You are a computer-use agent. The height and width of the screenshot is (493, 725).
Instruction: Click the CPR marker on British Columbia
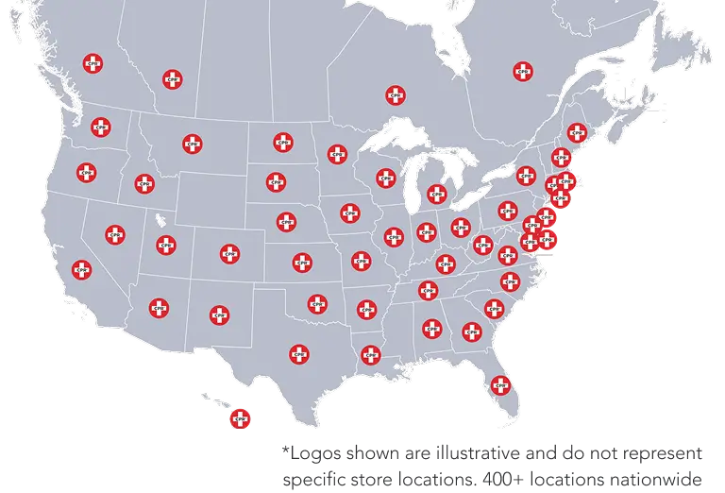pos(93,63)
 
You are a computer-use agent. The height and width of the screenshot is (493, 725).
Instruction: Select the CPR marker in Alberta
pos(172,79)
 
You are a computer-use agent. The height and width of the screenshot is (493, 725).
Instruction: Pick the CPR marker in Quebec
pos(522,71)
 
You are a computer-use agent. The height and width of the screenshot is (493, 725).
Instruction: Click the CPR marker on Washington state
pos(101,127)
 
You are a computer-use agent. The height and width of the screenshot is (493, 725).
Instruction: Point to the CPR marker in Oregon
pos(87,173)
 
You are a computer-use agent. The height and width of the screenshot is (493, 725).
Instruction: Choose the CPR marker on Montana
pos(193,144)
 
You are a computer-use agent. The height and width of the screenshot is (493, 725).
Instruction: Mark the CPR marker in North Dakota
pos(282,143)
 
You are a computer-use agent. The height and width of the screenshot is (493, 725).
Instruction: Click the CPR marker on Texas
pos(299,354)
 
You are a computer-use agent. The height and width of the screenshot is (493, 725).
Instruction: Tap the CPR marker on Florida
pos(499,385)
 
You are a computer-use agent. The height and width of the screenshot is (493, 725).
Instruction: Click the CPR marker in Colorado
pos(229,253)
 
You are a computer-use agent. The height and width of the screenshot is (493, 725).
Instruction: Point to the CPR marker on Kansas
pos(302,262)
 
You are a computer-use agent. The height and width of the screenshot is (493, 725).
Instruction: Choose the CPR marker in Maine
pos(576,132)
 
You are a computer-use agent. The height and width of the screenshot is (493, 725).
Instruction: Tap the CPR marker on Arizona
pos(159,307)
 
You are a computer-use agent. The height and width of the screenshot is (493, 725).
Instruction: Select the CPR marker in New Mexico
pos(219,314)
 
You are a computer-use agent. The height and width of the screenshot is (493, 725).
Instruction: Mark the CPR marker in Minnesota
pos(337,154)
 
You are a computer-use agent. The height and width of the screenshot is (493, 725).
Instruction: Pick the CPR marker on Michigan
pos(436,194)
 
